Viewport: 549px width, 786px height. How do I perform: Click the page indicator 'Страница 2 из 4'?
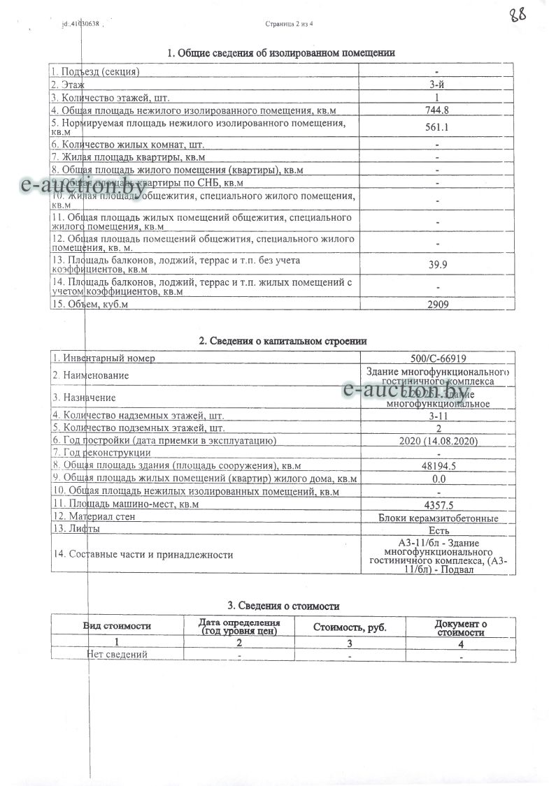290,24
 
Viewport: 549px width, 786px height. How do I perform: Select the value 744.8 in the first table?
437,110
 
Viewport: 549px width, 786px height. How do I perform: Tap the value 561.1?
437,127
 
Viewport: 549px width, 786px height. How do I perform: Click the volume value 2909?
437,304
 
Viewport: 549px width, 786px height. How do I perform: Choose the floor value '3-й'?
437,85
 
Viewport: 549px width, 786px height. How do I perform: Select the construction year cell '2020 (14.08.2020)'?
437,440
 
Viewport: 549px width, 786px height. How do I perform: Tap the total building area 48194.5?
437,465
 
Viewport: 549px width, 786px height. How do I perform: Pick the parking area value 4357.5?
437,504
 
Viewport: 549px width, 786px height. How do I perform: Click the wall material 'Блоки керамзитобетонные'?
438,518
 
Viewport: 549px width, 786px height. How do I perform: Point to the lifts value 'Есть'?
437,530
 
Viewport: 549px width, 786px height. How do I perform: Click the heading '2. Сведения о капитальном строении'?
283,341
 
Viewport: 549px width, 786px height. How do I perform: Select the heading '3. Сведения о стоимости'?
283,606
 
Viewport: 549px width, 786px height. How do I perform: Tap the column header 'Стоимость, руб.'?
350,627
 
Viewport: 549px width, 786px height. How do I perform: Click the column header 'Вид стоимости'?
117,626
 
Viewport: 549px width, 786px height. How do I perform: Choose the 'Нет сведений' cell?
117,655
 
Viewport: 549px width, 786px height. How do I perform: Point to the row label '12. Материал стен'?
94,517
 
